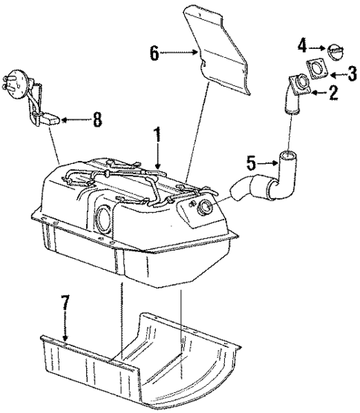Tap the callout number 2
[334, 93]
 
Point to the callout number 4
[302, 46]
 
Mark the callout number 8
[96, 119]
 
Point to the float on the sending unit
[51, 117]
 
